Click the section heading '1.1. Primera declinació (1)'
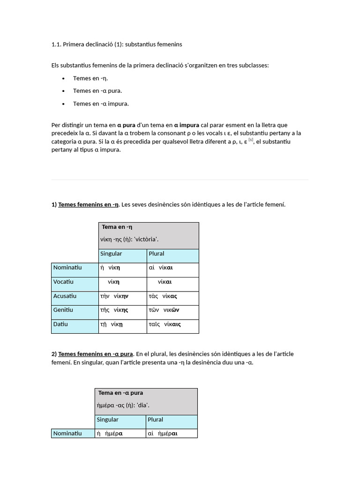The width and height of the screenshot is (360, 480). pos(116,45)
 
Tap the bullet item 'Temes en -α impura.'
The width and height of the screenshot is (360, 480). pos(101,104)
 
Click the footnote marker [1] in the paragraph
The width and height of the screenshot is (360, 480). pos(251,140)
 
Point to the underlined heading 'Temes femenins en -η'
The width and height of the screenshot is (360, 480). pos(88,204)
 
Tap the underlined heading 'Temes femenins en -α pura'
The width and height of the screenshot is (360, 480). pos(96,354)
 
